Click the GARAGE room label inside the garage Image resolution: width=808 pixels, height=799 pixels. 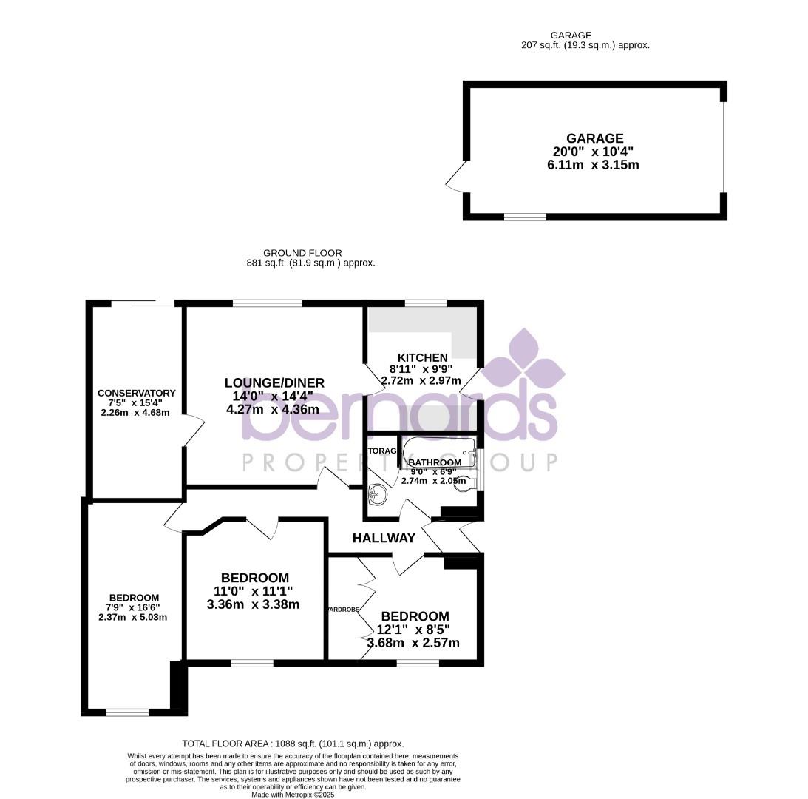point(594,138)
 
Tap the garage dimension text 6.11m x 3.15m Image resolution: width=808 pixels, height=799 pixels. point(593,165)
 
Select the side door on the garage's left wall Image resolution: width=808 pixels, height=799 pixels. point(456,177)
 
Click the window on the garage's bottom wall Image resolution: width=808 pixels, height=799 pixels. point(525,217)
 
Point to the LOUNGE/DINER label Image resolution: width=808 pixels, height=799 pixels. point(274,382)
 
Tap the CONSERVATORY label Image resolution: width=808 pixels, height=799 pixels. point(137,393)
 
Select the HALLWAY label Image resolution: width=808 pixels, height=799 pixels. point(384,538)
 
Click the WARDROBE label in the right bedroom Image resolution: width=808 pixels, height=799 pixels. point(342,610)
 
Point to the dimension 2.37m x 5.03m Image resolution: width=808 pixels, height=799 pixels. point(133,617)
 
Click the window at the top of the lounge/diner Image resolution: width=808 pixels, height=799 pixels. point(267,303)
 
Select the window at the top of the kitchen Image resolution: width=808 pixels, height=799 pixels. point(426,303)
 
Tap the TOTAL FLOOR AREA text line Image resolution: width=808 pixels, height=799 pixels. point(293,744)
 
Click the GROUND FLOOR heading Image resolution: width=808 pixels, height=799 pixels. point(302,253)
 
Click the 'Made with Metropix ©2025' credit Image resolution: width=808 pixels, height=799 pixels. point(293,795)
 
